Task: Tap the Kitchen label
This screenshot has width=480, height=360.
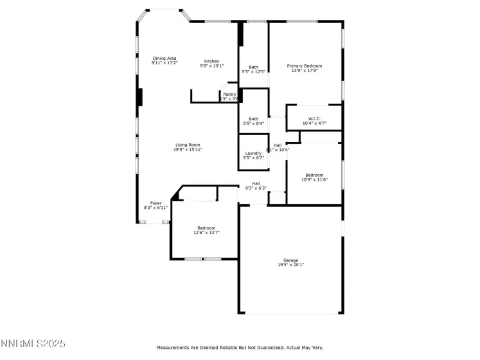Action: click(212, 61)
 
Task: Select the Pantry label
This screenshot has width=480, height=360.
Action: click(229, 94)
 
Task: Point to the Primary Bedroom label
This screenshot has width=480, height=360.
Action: click(305, 66)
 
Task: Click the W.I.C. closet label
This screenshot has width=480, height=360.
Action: click(314, 118)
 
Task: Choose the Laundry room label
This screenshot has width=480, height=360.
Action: click(253, 153)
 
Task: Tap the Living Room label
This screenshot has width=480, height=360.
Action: click(188, 145)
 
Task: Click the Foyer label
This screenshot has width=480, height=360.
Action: click(156, 203)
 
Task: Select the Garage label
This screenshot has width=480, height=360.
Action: click(290, 260)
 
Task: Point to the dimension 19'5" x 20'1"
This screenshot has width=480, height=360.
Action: click(290, 265)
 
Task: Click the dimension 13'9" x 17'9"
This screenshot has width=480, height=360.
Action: click(305, 71)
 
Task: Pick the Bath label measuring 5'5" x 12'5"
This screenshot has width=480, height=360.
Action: click(254, 67)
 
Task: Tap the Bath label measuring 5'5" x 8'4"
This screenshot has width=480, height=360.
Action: click(254, 118)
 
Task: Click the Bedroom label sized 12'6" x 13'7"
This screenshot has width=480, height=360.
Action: click(206, 228)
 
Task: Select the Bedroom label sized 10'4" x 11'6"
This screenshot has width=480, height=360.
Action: click(314, 175)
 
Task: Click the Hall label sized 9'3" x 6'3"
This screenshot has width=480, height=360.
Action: click(256, 183)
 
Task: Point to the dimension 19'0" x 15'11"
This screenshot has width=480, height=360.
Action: click(188, 150)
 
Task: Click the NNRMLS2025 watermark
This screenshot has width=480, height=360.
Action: click(33, 345)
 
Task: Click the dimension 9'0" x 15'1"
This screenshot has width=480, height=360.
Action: click(212, 66)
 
